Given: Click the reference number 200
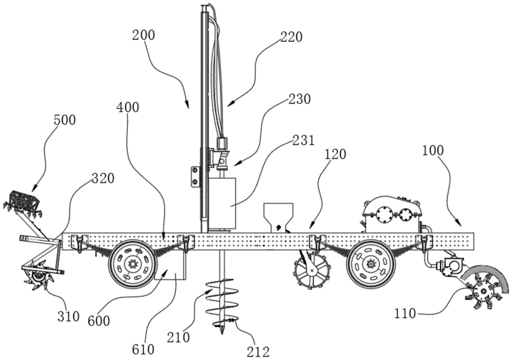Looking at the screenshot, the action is [x=143, y=35].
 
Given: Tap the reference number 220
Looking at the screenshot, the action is [x=291, y=37].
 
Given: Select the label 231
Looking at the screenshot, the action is [x=304, y=141].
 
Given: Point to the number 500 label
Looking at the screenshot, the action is [x=65, y=120].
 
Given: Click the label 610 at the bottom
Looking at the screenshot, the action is [x=143, y=349].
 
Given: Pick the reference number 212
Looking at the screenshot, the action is [x=258, y=352].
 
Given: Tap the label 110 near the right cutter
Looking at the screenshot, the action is [x=405, y=313].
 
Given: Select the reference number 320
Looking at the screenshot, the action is [x=103, y=178].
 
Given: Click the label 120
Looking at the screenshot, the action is [x=335, y=154].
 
